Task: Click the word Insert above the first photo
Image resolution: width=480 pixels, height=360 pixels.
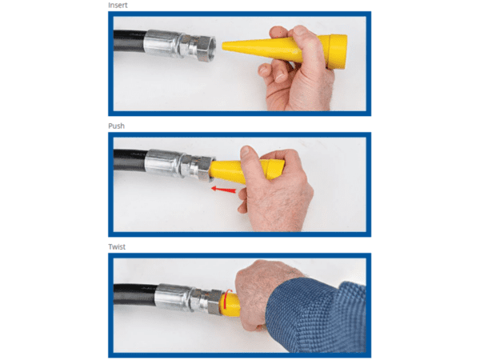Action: [118, 6]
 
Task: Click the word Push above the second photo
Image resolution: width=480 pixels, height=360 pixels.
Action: [116, 126]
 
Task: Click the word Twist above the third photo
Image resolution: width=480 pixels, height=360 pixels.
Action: [117, 246]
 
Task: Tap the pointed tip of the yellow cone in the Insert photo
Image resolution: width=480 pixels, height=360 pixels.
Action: [223, 46]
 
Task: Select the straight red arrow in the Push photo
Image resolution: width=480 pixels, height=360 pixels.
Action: [224, 190]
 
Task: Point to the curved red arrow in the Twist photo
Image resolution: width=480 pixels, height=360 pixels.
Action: [226, 298]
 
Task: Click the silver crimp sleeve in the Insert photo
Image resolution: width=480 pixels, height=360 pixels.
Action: [161, 43]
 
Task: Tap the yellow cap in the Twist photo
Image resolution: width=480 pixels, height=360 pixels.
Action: [230, 305]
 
